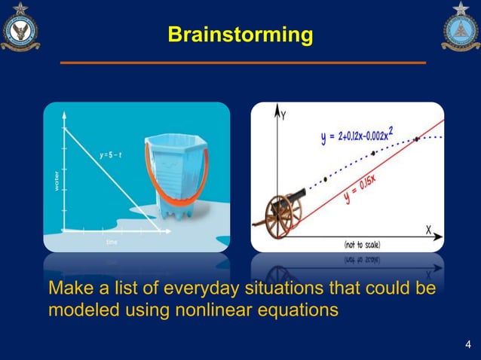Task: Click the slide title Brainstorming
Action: pyautogui.click(x=240, y=35)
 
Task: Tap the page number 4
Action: pyautogui.click(x=467, y=346)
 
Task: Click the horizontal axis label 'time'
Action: pyautogui.click(x=112, y=243)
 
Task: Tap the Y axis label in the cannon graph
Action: pyautogui.click(x=283, y=116)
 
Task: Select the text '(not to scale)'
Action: pyautogui.click(x=362, y=244)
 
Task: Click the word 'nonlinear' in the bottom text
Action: pyautogui.click(x=218, y=309)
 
